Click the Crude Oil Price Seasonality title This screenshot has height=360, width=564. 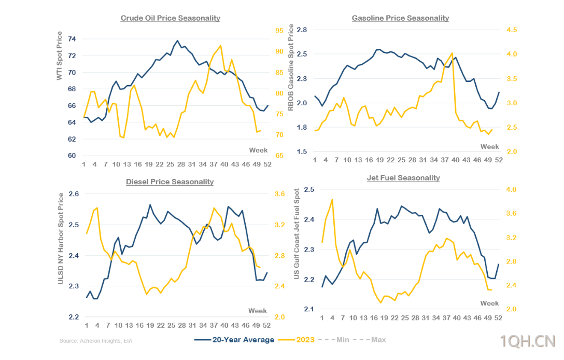point(170,18)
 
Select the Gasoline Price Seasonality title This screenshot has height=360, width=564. point(400,18)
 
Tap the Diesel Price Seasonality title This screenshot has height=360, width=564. point(170,182)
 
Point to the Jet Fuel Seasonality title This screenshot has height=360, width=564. point(403,178)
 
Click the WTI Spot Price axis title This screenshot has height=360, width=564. point(60,56)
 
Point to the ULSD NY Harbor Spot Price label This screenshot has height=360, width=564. point(61,238)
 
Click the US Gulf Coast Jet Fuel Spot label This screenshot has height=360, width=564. point(297,234)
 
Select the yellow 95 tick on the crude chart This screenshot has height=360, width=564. point(279,31)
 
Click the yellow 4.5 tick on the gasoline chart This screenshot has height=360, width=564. point(512,30)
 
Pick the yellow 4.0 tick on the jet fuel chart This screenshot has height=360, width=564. point(512,190)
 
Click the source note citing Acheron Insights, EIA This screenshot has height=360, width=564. point(99,341)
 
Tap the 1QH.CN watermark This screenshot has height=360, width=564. point(527,341)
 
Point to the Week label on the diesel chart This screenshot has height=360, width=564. point(257,311)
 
